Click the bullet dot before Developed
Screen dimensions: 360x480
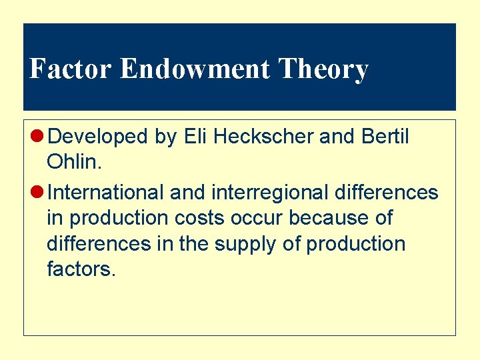pyautogui.click(x=39, y=137)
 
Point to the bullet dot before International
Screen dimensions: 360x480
pyautogui.click(x=39, y=193)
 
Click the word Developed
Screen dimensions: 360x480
pyautogui.click(x=98, y=137)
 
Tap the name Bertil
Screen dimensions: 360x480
pyautogui.click(x=385, y=136)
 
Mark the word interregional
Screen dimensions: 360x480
pyautogui.click(x=270, y=193)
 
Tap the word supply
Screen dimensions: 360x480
pyautogui.click(x=246, y=244)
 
